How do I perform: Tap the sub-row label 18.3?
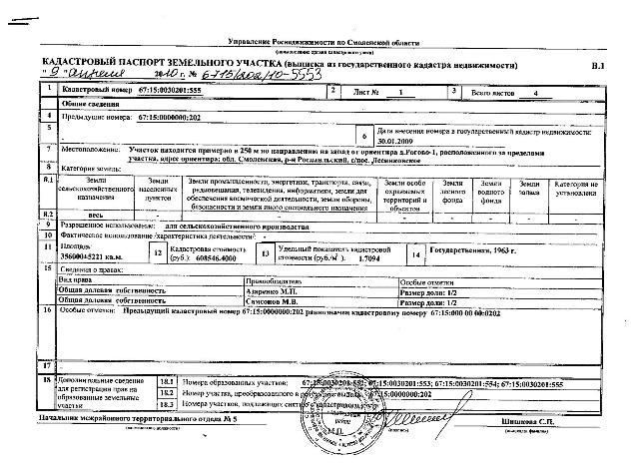pyautogui.click(x=167, y=405)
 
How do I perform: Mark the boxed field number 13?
pyautogui.click(x=265, y=253)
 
